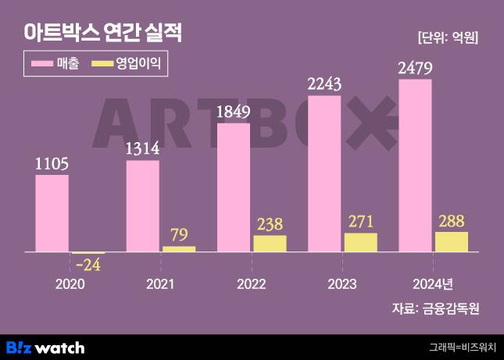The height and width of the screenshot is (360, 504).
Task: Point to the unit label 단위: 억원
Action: coord(448,37)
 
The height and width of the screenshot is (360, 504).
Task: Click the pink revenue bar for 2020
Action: coord(52,213)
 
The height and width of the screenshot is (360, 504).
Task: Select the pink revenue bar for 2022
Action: coord(234,187)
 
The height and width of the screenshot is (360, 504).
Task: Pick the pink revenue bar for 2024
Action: coord(415,166)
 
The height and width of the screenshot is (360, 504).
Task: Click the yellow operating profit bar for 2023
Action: coord(360,242)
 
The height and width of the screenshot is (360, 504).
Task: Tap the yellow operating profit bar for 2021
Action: coord(179,249)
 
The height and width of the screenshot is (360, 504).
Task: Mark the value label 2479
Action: coord(415,68)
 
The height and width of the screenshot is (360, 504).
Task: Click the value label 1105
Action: coord(52,163)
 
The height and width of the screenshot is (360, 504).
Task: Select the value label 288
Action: coord(451,219)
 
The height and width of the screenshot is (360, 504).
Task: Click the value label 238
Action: coord(270,223)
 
